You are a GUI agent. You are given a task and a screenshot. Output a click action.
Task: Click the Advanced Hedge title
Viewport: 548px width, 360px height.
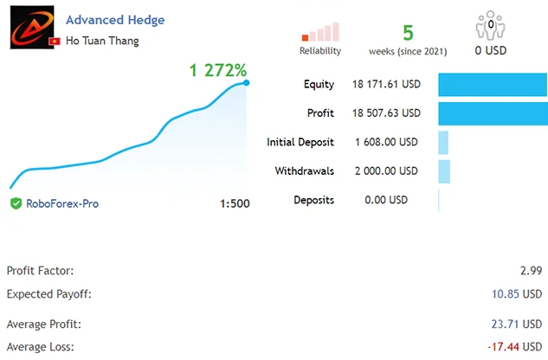pos(115,20)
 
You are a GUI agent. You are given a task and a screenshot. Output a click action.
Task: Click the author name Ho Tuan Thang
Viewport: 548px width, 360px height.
pos(102,40)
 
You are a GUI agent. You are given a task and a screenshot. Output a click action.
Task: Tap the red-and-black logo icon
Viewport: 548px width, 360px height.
pos(29,30)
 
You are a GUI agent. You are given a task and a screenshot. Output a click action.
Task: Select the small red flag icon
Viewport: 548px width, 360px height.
pos(55,41)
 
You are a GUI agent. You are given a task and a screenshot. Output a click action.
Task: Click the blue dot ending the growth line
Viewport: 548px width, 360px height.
pos(247,83)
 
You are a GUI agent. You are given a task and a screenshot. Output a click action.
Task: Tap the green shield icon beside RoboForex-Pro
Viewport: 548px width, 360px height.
pos(16,203)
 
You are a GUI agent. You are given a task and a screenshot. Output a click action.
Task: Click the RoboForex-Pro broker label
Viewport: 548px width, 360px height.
pos(62,203)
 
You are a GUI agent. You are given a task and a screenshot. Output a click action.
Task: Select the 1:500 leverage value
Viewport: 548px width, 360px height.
pos(235,204)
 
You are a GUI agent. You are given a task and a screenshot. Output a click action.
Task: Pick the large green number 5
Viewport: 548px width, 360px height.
pos(408,32)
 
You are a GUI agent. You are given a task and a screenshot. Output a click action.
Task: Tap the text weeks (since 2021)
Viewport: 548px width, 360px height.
pos(408,51)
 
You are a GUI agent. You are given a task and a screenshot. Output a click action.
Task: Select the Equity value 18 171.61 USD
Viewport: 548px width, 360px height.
pos(386,85)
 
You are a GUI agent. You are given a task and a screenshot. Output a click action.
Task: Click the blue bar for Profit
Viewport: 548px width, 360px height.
pos(493,113)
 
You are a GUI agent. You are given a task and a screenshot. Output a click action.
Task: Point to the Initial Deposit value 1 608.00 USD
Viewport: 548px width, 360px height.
pos(386,142)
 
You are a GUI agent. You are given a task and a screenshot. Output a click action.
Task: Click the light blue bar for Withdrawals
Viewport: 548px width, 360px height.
pos(444,170)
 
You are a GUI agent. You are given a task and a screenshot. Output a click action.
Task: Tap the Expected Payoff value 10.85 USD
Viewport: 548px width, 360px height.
pos(522,294)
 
